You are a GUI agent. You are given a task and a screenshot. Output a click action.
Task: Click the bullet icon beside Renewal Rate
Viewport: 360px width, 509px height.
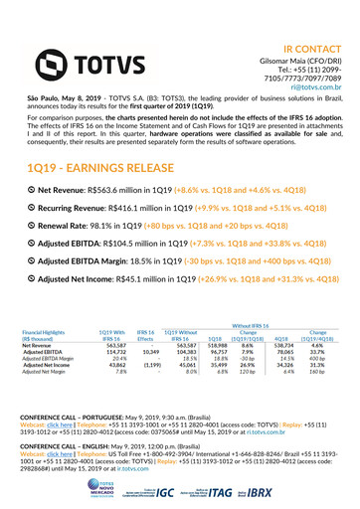click(30, 225)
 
